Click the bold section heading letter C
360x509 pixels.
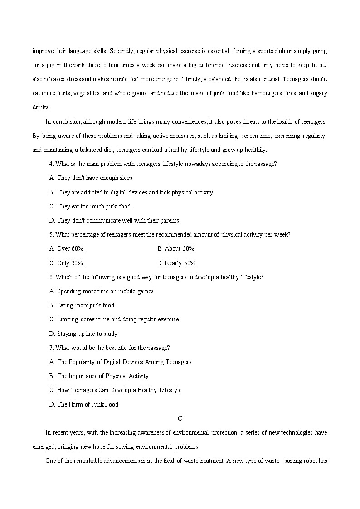click(180, 418)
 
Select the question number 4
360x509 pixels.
click(50, 164)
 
